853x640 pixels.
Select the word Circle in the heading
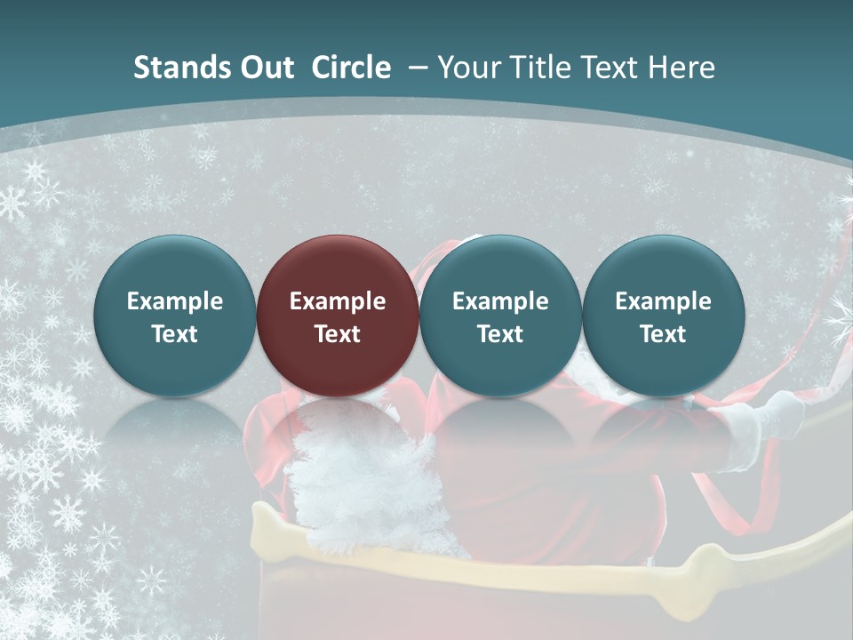pos(351,68)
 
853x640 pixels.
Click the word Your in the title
pos(467,68)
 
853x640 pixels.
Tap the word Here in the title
pos(683,68)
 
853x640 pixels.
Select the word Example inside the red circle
pos(338,301)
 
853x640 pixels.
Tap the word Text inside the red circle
pos(338,334)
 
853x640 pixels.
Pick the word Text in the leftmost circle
pos(175,334)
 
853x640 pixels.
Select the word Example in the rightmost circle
pos(663,301)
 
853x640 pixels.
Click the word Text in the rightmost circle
pos(663,334)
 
